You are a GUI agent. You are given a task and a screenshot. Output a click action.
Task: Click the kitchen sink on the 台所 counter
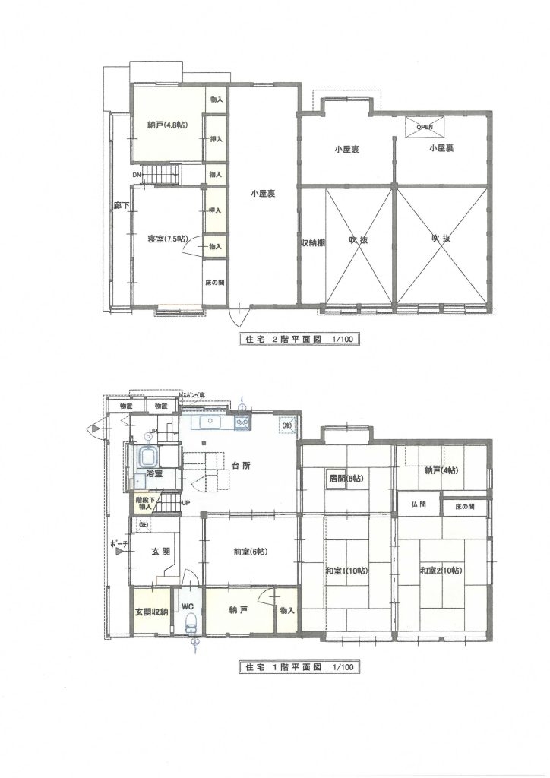(209, 422)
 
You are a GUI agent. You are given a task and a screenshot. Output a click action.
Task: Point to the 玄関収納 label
(152, 611)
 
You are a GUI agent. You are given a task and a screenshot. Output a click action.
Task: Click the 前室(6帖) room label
(250, 552)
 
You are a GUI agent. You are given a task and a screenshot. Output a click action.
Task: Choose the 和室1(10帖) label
(346, 571)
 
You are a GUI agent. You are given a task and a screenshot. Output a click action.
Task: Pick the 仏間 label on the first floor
(418, 504)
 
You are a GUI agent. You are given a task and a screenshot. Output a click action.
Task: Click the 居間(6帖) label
(345, 479)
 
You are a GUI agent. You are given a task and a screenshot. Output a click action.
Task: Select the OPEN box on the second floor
(425, 127)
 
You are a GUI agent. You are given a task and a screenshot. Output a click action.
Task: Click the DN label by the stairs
(136, 176)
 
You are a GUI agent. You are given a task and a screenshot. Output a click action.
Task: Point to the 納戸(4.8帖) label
(168, 125)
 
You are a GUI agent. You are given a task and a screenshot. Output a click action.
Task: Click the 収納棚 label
(312, 243)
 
